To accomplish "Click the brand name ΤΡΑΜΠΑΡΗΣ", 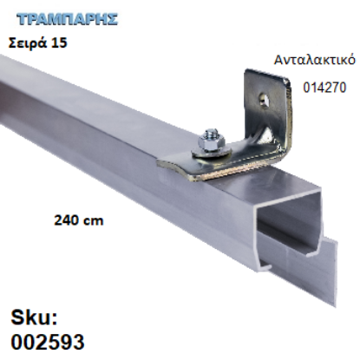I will click(x=55, y=18).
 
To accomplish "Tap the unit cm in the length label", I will click(x=92, y=220).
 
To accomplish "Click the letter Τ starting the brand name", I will click(x=19, y=18).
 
